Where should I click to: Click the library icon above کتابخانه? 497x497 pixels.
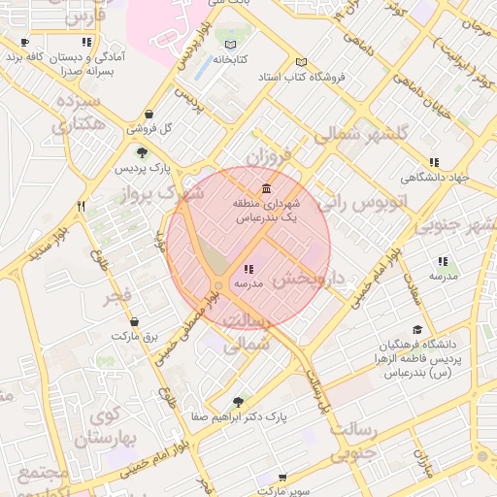click(x=230, y=45)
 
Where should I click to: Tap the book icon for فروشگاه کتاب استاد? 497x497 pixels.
click(x=301, y=61)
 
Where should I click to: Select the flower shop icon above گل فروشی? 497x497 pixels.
click(x=149, y=114)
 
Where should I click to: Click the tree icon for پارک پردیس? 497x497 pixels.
click(x=143, y=152)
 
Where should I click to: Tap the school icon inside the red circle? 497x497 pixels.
click(x=249, y=269)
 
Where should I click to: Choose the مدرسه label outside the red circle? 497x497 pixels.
click(x=443, y=276)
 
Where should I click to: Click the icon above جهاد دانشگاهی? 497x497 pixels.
click(x=434, y=162)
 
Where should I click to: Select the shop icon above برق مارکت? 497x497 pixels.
click(x=133, y=321)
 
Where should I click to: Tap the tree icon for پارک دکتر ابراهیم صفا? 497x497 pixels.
click(x=240, y=401)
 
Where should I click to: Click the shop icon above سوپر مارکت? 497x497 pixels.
click(x=282, y=478)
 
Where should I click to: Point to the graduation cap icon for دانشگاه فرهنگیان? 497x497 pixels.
click(x=417, y=330)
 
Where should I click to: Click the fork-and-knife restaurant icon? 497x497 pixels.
click(x=81, y=206)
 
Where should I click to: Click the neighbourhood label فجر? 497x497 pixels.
click(x=126, y=296)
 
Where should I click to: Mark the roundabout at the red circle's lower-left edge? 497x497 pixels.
click(x=219, y=285)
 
